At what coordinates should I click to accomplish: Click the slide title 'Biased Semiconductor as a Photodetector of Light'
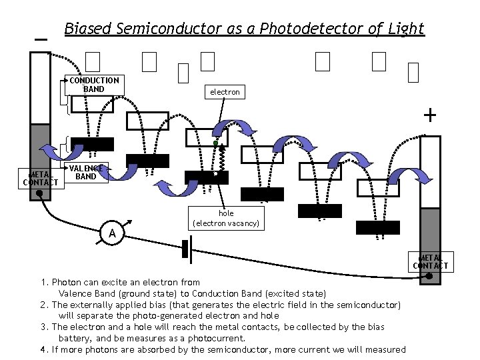[x=244, y=29]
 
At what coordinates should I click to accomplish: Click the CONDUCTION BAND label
[x=94, y=85]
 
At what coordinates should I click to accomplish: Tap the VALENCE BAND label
[x=86, y=173]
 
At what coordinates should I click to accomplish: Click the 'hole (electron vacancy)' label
[x=226, y=219]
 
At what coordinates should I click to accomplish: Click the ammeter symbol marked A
[x=113, y=233]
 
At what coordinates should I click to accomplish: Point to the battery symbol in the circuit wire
[x=186, y=248]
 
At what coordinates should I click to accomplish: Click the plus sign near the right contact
[x=430, y=116]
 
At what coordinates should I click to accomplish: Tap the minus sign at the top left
[x=41, y=39]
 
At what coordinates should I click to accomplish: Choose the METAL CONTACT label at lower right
[x=431, y=261]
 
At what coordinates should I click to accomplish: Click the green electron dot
[x=215, y=143]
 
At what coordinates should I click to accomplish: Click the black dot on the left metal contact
[x=40, y=193]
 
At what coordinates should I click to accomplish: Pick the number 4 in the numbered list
[x=43, y=350]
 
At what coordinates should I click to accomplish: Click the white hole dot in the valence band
[x=215, y=174]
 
